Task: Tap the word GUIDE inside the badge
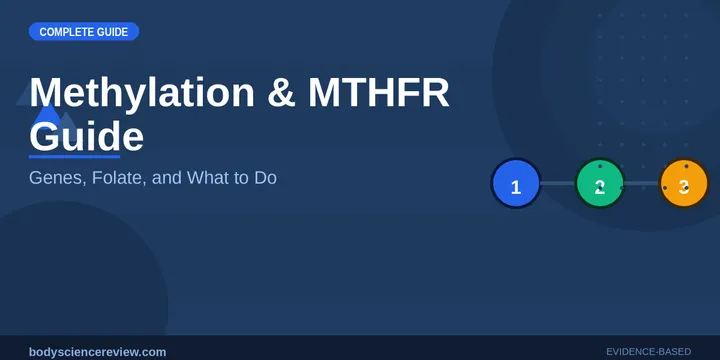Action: click(113, 32)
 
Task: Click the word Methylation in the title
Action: click(143, 92)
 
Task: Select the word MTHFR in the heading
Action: click(378, 92)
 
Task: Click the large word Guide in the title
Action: click(86, 136)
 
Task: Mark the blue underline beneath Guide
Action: click(74, 157)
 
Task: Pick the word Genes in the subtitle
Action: click(55, 178)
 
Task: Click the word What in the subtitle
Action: click(203, 178)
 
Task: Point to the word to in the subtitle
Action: click(238, 178)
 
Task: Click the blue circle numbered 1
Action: click(516, 185)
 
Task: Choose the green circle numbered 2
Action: click(600, 185)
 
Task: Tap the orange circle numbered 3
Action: click(684, 185)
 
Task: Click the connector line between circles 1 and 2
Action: click(558, 184)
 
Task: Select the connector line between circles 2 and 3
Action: click(642, 185)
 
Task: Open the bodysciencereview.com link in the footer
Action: click(98, 351)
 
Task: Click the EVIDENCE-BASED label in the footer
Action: click(648, 351)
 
